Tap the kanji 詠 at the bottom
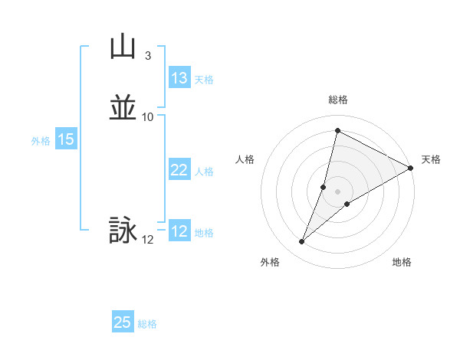click(123, 231)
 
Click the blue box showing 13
click(179, 78)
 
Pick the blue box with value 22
click(179, 170)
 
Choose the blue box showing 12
click(179, 231)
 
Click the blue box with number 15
click(66, 139)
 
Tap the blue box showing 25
click(123, 322)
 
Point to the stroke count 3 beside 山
click(147, 56)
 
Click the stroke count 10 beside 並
click(147, 117)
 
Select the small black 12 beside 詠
click(147, 240)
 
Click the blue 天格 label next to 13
click(204, 80)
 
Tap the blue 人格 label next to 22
click(204, 172)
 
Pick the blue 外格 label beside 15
click(41, 141)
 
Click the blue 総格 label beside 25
click(147, 324)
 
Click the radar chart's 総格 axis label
click(337, 100)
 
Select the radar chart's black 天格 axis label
click(431, 159)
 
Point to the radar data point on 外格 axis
click(302, 242)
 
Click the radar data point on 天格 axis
click(411, 169)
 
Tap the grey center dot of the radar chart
click(337, 191)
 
